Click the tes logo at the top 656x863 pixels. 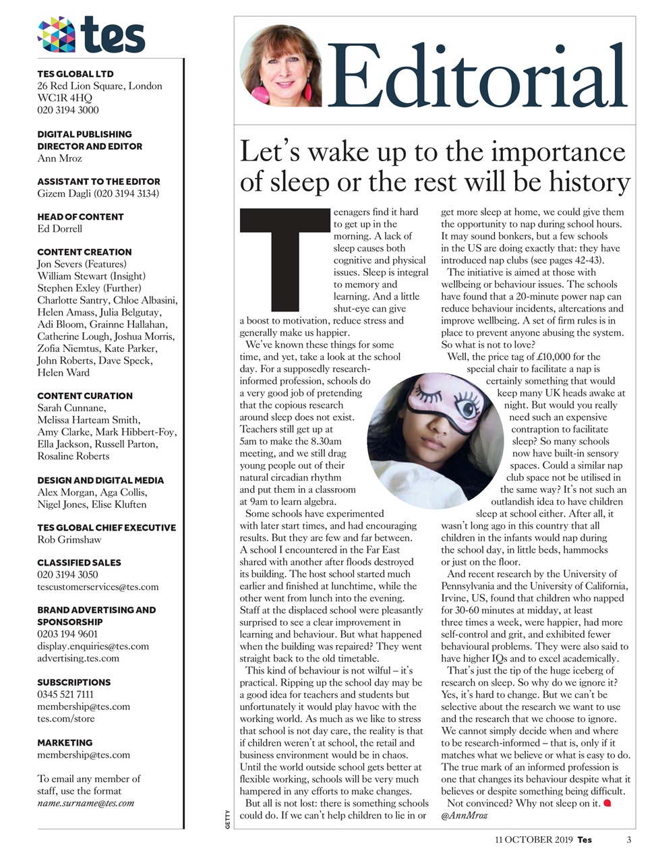91,34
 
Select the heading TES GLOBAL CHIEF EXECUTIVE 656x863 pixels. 107,527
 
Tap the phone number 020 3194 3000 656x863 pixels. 68,110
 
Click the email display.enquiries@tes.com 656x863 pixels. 93,646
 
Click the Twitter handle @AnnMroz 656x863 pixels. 464,815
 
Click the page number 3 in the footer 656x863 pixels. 628,839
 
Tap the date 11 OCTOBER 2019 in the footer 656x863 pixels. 533,839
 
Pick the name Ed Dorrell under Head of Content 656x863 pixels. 60,229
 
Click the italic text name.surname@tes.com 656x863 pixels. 86,803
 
